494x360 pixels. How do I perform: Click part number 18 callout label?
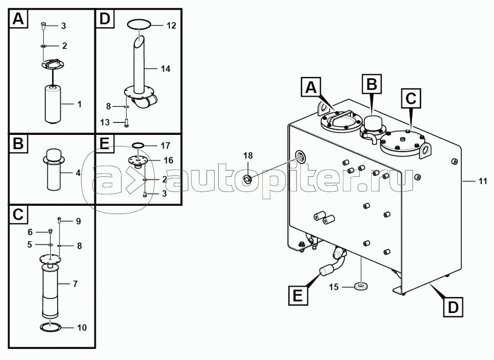coord(248,156)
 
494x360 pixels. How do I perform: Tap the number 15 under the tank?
coord(334,287)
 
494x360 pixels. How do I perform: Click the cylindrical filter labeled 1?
coord(54,104)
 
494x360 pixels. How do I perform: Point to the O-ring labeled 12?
coord(139,24)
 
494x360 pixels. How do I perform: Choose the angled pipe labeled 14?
coord(139,63)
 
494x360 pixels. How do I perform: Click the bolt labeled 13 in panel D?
coord(126,122)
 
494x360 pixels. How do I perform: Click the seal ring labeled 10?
coord(50,327)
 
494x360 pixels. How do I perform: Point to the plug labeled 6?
coord(49,232)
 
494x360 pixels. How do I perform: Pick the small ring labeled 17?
coord(138,145)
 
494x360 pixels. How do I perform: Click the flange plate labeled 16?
coord(138,160)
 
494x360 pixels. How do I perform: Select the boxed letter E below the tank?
coord(298,295)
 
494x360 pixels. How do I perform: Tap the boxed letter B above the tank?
coord(372,84)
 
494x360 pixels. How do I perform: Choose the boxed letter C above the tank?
coord(411,98)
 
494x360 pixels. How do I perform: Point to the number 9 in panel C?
coord(79,221)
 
